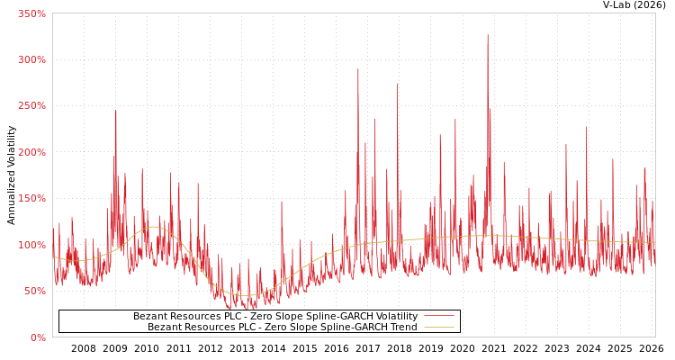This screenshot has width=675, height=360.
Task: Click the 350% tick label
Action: pos(31,13)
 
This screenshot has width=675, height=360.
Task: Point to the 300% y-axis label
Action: pos(31,59)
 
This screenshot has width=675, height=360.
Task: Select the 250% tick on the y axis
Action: pos(31,106)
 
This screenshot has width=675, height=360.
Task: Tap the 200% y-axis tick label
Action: pos(31,152)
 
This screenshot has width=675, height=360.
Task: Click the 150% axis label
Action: pos(31,199)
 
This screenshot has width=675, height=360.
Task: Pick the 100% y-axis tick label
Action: pos(31,245)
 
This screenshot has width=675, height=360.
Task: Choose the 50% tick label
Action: pos(34,292)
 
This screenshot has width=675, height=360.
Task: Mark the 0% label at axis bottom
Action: pos(37,337)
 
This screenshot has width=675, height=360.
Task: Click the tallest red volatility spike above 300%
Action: pos(488,36)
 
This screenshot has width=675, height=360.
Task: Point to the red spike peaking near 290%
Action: pos(357,70)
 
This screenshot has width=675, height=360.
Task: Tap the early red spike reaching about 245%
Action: pos(115,112)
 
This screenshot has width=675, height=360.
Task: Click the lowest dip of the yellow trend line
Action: pos(243,295)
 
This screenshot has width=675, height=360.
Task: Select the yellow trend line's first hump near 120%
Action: pos(154,227)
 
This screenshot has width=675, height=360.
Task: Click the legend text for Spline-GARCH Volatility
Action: pos(275,317)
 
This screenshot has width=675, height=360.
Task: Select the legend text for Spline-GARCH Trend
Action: pos(283,328)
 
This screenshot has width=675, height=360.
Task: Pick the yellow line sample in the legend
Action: pos(438,328)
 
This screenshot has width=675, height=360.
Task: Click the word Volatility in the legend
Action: pos(394,317)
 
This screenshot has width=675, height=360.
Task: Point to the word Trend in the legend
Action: pos(402,328)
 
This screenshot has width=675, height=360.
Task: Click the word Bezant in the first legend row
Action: pos(150,317)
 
